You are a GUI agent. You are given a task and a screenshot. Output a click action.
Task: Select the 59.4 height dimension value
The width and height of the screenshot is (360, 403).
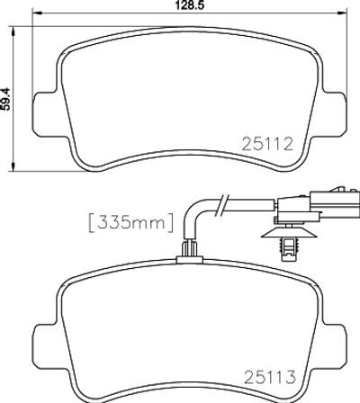[6, 99]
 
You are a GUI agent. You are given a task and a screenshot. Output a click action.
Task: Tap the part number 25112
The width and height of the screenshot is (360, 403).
[267, 144]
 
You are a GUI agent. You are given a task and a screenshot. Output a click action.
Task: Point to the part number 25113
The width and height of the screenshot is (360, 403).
[270, 377]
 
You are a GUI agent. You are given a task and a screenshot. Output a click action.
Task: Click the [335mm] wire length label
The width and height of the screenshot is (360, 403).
[131, 222]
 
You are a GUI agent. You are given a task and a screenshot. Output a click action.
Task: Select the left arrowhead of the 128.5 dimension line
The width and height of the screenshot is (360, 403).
[37, 13]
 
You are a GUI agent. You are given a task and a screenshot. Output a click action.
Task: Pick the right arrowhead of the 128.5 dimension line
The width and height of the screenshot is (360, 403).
[342, 13]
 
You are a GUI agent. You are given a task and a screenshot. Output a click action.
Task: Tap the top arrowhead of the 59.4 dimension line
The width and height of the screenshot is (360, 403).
[13, 31]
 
